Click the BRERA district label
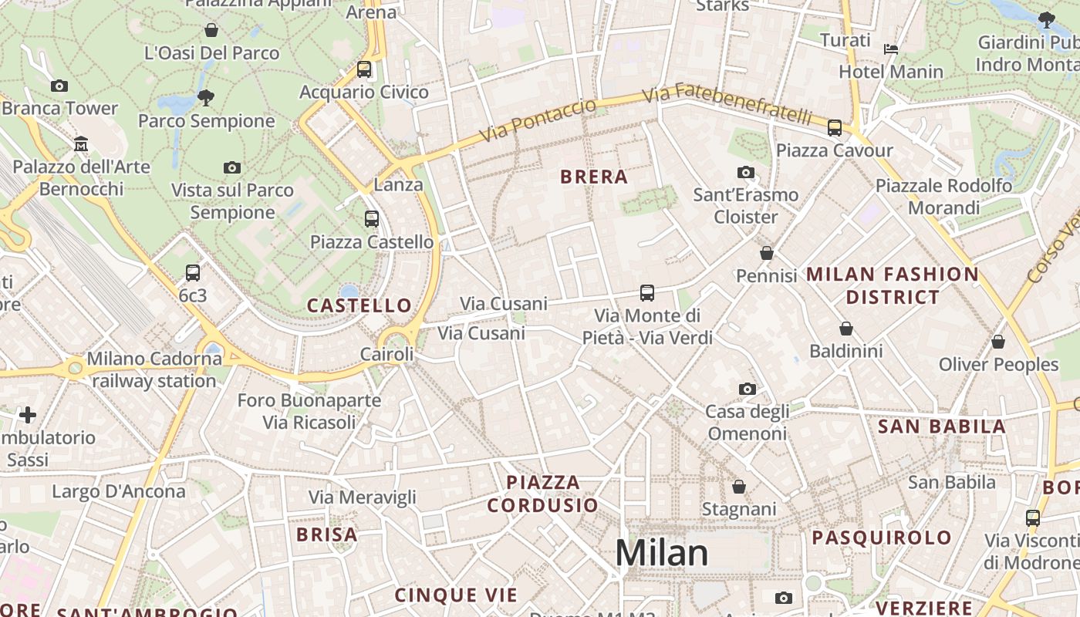(594, 177)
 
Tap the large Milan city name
(661, 553)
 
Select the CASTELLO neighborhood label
(359, 305)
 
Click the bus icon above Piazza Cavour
(835, 128)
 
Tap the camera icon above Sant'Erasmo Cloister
(745, 172)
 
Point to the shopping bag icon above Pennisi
(766, 253)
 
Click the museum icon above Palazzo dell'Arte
(81, 144)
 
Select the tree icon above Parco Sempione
(205, 97)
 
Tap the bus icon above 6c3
(193, 272)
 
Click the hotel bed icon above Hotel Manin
(891, 49)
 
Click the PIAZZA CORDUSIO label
(543, 494)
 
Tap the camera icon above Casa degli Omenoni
(747, 389)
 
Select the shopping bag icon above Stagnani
(739, 487)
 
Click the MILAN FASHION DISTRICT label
(893, 285)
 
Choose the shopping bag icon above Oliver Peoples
(998, 341)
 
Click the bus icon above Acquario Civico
(364, 69)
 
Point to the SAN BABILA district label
(942, 427)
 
